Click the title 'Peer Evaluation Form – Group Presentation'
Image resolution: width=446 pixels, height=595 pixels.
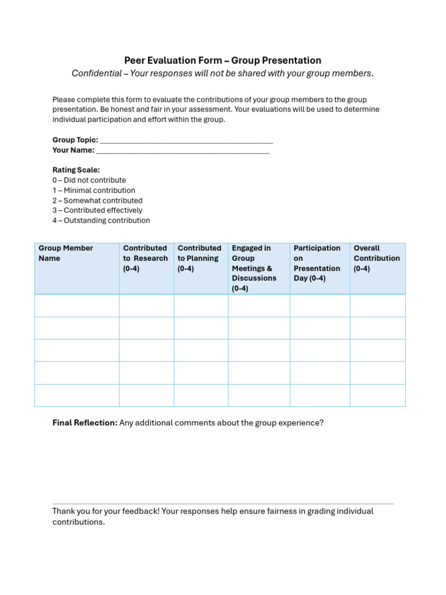click(x=222, y=60)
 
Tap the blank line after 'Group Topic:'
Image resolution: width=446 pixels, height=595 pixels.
click(x=186, y=140)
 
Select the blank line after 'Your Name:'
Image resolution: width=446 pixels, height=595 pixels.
click(x=182, y=150)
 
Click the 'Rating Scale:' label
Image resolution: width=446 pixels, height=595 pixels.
click(x=76, y=170)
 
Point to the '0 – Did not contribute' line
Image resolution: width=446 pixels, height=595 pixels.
click(x=89, y=180)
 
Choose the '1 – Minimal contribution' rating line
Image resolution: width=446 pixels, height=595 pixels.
click(x=93, y=191)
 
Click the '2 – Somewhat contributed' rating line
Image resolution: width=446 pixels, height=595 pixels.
click(x=97, y=200)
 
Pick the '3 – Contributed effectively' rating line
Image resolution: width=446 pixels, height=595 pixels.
click(x=97, y=210)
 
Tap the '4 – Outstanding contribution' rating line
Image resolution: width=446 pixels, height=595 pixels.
click(x=101, y=221)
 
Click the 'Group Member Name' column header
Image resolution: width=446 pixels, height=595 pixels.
click(x=66, y=253)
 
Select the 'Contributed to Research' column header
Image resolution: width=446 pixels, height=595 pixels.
click(x=145, y=258)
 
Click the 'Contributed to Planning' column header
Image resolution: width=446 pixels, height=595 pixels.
click(x=199, y=258)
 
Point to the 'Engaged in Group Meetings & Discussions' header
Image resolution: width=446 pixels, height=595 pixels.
click(x=254, y=268)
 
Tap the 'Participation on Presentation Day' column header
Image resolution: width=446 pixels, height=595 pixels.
click(x=317, y=263)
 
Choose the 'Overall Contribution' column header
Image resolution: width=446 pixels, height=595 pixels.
click(x=376, y=258)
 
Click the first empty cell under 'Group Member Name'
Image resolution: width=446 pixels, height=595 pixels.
click(x=77, y=306)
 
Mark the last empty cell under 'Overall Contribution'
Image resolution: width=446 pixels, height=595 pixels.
click(x=377, y=395)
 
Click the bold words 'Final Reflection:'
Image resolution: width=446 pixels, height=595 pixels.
click(x=85, y=423)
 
